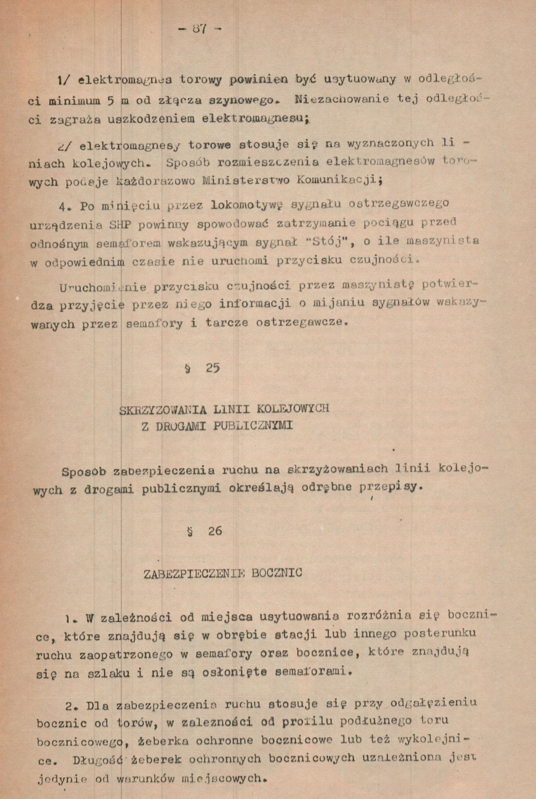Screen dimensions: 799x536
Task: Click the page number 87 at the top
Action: [x=200, y=29]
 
